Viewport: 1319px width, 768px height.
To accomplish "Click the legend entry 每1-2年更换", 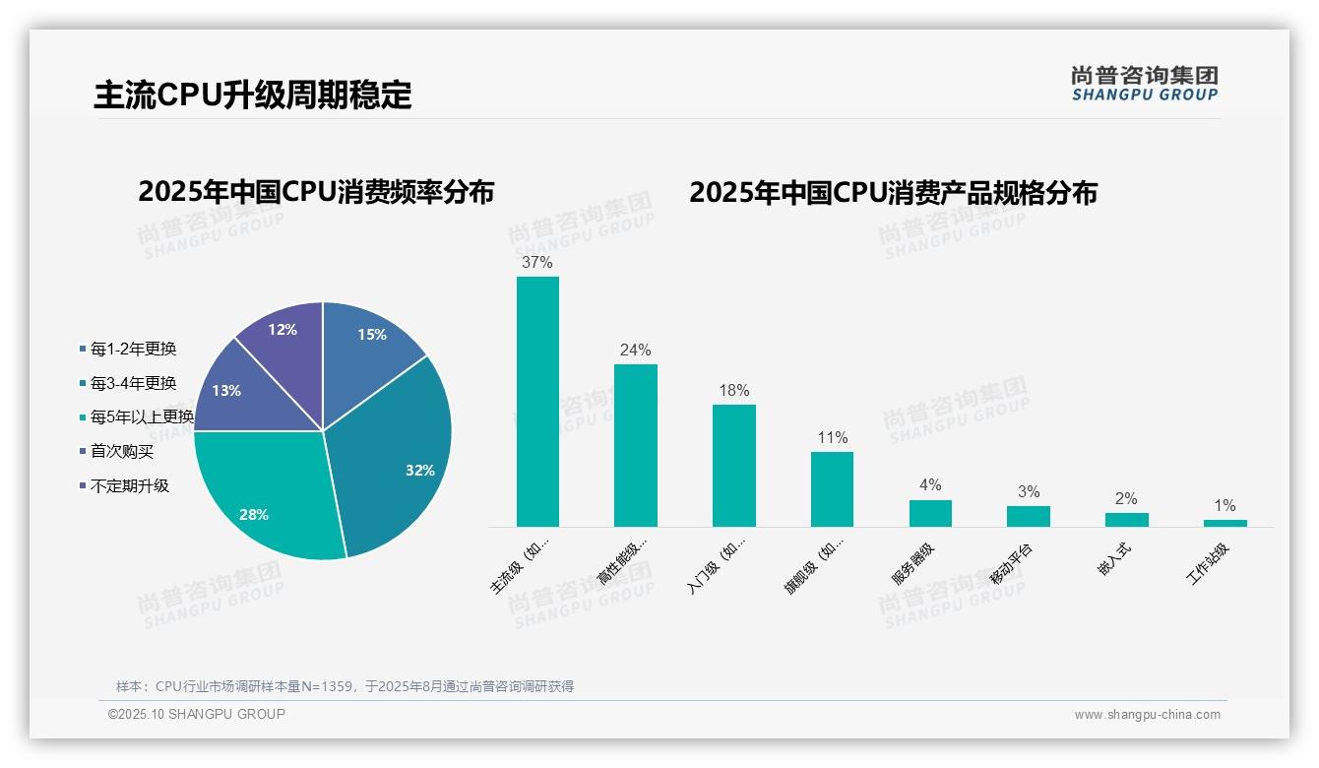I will coord(133,349).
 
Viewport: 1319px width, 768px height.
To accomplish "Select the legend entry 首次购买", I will coord(122,452).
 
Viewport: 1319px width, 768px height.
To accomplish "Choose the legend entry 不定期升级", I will coord(129,485).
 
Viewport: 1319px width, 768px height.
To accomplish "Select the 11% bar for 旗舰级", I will coord(832,489).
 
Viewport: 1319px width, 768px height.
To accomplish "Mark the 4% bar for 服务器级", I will coord(930,513).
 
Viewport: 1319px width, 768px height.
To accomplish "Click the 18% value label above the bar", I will coord(733,390).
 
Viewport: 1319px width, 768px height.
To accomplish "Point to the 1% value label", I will coord(1225,505).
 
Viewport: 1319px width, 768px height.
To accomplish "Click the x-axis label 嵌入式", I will coord(1115,559).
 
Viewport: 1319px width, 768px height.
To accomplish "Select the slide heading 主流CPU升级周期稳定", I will coord(253,96).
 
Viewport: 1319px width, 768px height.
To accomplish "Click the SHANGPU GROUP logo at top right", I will coord(1144,83).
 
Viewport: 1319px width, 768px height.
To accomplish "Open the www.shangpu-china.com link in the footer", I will coord(1147,715).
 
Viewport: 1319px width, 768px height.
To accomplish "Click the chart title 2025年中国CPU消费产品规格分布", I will coord(893,192).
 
